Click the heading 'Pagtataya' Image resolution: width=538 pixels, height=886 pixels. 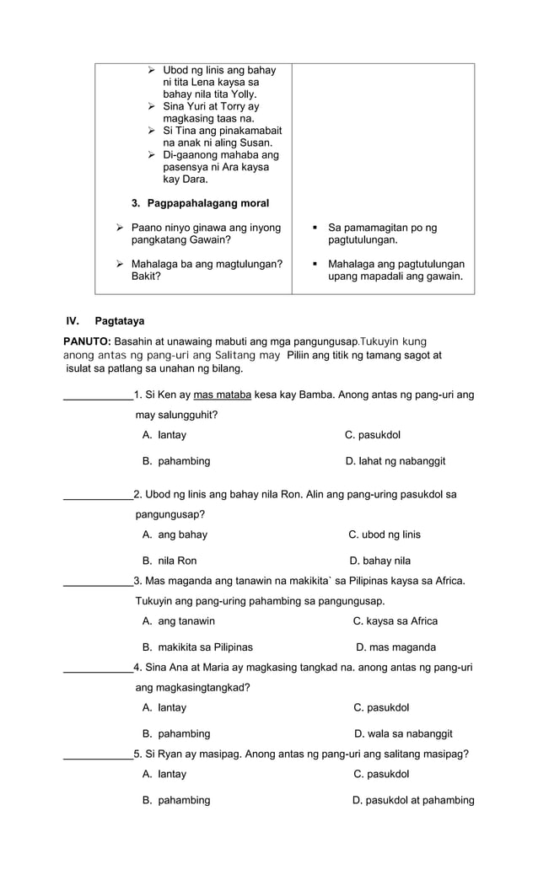[119, 320]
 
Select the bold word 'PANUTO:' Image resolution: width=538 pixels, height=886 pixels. [87, 341]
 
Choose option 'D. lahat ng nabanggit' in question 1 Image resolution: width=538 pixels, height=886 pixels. [395, 461]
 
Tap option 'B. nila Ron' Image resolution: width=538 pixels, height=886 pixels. [169, 561]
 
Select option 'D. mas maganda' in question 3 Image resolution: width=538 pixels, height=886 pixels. [395, 647]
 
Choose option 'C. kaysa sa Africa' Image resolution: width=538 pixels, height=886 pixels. [395, 621]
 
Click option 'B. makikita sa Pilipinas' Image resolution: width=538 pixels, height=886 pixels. [197, 647]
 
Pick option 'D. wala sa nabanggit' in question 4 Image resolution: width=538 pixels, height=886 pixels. [403, 733]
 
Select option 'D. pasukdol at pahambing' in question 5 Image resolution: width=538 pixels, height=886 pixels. [412, 800]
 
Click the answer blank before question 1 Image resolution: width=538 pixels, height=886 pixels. [98, 396]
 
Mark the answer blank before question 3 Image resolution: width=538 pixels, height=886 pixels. [98, 582]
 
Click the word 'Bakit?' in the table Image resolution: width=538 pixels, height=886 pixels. [147, 276]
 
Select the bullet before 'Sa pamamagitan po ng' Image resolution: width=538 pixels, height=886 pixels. [314, 228]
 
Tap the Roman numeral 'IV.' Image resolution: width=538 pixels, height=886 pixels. [73, 320]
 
